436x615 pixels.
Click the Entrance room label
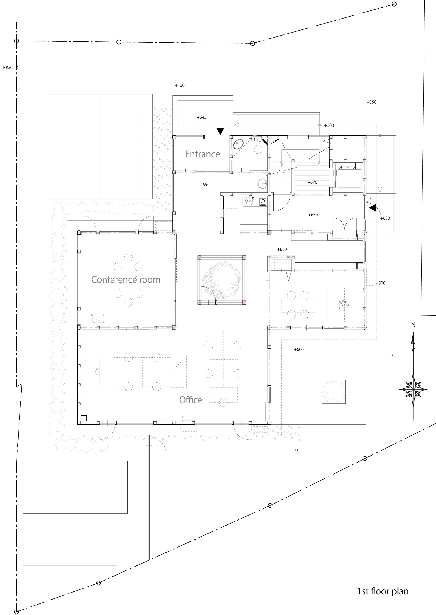coord(203,154)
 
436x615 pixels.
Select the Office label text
coord(191,400)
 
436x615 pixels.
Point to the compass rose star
coord(413,389)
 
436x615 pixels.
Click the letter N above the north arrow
coord(413,325)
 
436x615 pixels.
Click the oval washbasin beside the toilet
coord(237,144)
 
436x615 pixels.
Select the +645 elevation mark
coord(202,117)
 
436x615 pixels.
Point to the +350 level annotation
coord(371,102)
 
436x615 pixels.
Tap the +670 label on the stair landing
coord(312,182)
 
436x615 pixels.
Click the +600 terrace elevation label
coord(299,349)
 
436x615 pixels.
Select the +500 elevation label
coord(380,283)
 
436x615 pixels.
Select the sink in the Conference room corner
coord(98,318)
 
